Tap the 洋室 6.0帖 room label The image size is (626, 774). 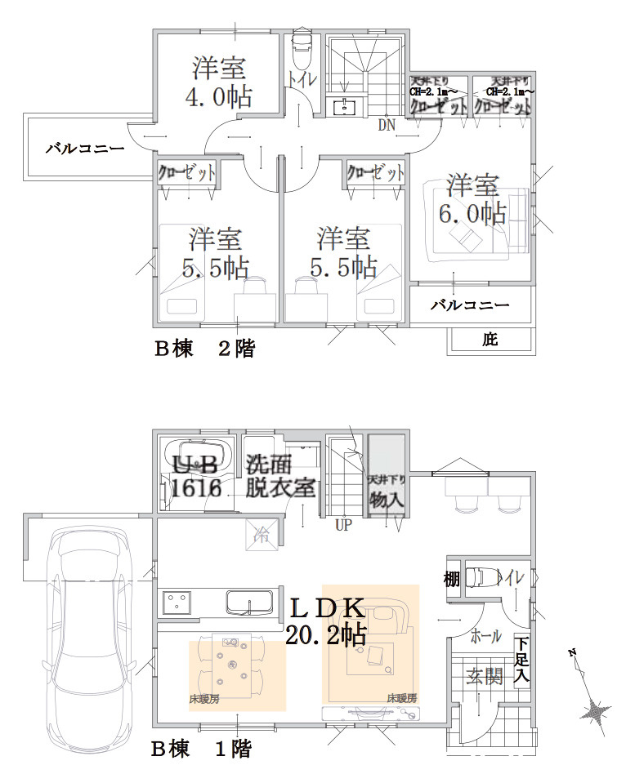pos(472,199)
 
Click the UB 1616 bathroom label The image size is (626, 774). pos(197,477)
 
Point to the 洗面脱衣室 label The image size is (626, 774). pos(280,476)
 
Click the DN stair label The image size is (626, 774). pos(386,126)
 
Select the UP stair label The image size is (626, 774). pos(342,526)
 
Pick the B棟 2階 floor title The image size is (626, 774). pos(205,349)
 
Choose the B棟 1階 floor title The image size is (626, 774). pos(201,748)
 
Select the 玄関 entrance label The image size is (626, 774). pos(484,677)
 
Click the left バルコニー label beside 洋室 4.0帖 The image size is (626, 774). pos(84,149)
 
